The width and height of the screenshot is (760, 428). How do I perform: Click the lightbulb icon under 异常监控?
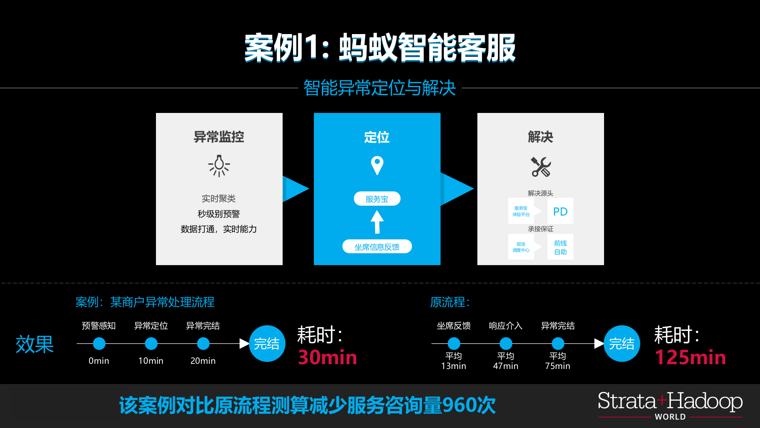click(x=219, y=166)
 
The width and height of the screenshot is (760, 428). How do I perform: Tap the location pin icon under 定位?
click(x=377, y=165)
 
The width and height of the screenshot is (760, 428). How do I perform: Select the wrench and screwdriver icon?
click(x=541, y=167)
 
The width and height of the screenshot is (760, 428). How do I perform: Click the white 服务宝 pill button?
click(x=377, y=199)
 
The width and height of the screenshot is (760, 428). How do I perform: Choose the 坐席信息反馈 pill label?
click(x=377, y=246)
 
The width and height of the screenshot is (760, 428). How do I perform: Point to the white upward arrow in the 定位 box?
click(x=377, y=222)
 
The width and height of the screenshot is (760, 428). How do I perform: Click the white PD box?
click(x=560, y=211)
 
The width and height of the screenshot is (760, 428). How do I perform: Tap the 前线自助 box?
click(x=560, y=247)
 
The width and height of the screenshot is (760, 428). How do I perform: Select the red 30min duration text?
click(x=327, y=357)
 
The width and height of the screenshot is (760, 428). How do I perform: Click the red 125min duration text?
click(x=690, y=357)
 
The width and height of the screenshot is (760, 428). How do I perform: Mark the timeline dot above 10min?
click(x=151, y=344)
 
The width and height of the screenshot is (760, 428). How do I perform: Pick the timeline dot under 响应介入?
click(x=505, y=344)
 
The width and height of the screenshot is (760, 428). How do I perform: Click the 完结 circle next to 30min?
click(x=267, y=344)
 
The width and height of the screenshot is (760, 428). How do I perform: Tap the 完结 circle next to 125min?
click(x=622, y=344)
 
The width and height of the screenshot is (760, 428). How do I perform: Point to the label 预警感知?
click(x=99, y=326)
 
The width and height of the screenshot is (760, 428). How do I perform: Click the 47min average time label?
click(x=505, y=366)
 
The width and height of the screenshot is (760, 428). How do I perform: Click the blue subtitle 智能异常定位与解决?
click(x=380, y=88)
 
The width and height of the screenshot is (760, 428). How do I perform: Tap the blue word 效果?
click(x=35, y=344)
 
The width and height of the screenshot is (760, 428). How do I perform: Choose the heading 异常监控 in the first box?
click(x=219, y=137)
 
